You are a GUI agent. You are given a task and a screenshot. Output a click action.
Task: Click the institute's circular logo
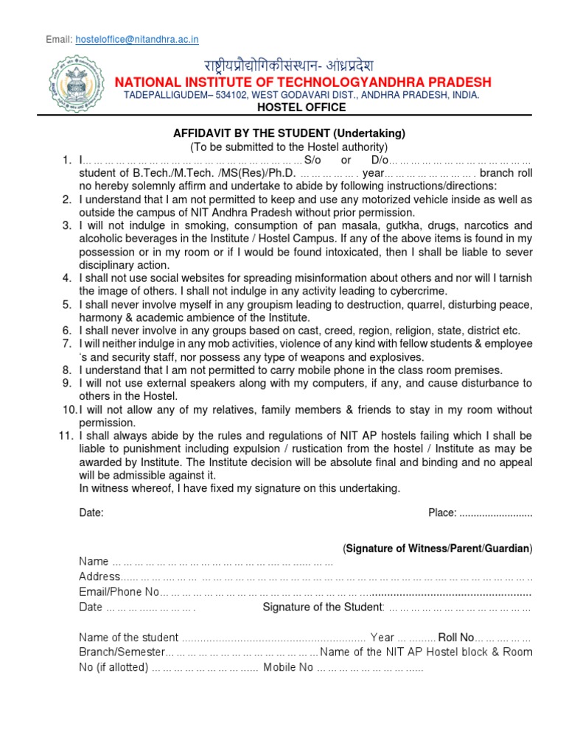72,82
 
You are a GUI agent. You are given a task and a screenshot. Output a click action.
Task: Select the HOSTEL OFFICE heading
300,108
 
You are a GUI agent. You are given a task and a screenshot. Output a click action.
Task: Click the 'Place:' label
442,512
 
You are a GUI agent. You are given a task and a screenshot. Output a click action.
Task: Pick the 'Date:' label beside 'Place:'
91,512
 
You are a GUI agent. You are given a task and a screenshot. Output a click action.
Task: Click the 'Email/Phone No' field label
119,592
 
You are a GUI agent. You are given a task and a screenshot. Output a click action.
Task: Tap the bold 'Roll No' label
455,637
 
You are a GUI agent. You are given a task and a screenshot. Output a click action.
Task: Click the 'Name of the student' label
129,637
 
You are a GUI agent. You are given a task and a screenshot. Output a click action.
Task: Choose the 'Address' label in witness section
99,577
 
